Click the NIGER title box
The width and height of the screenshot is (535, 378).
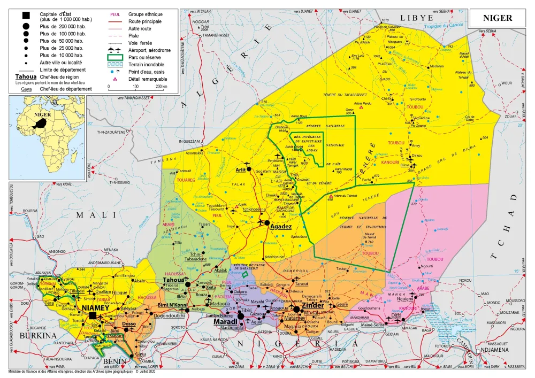pyautogui.click(x=498, y=18)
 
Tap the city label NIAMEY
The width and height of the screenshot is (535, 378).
pyautogui.click(x=95, y=308)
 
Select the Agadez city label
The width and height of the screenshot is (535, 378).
pyautogui.click(x=280, y=227)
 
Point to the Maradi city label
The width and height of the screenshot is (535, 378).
pyautogui.click(x=225, y=322)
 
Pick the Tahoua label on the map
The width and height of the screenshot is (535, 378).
pyautogui.click(x=174, y=280)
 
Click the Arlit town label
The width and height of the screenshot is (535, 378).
pyautogui.click(x=243, y=169)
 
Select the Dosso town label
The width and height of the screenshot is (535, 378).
pyautogui.click(x=129, y=324)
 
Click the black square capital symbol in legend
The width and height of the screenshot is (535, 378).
pyautogui.click(x=26, y=14)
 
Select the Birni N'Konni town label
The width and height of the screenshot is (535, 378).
pyautogui.click(x=172, y=305)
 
